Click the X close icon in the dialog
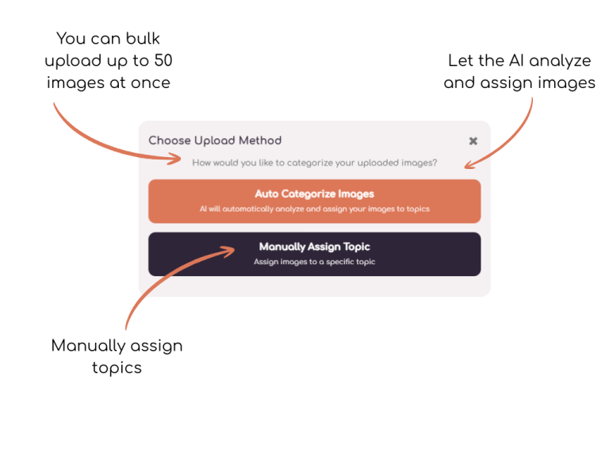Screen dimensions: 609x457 (473, 141)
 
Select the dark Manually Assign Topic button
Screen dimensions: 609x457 (315, 254)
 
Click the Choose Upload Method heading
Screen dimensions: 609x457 (215, 140)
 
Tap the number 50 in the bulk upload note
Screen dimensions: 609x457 (163, 60)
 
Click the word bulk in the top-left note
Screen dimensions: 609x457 (143, 38)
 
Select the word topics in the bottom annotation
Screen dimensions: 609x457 (117, 368)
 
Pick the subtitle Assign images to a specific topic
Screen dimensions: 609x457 (315, 262)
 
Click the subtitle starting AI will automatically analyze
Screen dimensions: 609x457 (315, 209)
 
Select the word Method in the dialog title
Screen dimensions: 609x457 (260, 140)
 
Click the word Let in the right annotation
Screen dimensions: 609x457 (461, 60)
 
